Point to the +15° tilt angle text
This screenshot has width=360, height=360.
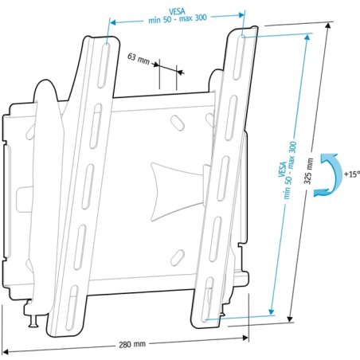pos(350,174)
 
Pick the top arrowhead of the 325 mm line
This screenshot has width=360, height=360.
pos(329,26)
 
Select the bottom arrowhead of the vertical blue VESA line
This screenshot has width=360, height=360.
pos(272,310)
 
